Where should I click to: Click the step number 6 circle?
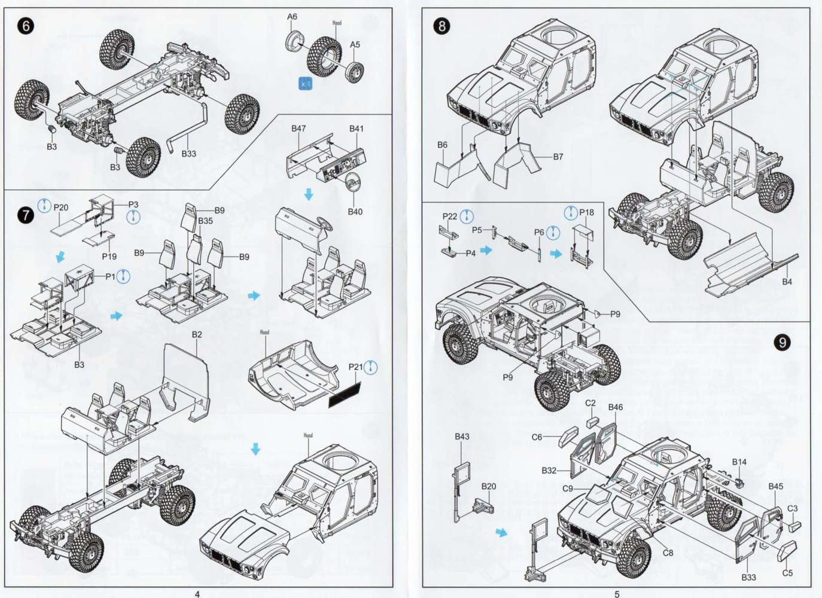(25, 26)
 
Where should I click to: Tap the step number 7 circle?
(25, 215)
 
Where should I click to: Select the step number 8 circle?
(442, 26)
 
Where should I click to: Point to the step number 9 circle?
(782, 342)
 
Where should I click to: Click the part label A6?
(292, 17)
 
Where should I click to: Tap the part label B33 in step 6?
(189, 154)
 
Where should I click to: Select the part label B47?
(299, 129)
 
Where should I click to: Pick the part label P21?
(355, 367)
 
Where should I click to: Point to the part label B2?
(197, 334)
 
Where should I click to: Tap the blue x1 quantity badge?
(306, 84)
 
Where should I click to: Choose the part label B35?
(205, 221)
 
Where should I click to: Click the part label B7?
(558, 157)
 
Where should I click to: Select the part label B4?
(787, 281)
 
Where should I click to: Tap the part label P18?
(587, 212)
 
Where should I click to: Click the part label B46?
(615, 407)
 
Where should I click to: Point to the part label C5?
(787, 573)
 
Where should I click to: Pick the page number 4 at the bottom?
(197, 594)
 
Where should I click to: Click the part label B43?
(462, 437)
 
